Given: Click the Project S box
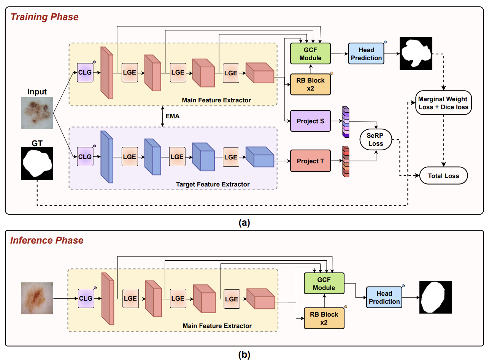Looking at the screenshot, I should coord(310,121).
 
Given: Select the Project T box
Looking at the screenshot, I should coord(310,161).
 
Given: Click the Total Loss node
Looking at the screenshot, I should coord(443,176).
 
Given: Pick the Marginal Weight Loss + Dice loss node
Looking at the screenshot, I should coord(444,103).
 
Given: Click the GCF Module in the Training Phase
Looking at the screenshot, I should coord(310,54).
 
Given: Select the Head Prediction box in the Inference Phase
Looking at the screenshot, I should coord(384,298).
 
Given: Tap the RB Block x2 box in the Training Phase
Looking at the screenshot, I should coord(310,84).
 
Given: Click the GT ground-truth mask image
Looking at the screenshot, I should coord(37,164).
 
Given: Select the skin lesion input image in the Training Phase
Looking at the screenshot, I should coord(37,112).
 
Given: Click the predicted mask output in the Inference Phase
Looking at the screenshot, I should coord(435,297).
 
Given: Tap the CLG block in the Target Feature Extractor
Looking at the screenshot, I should coord(85,157).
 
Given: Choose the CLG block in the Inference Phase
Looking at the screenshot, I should coord(86,298).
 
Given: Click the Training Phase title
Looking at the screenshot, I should coord(44,17).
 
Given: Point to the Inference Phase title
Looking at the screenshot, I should coord(47,241).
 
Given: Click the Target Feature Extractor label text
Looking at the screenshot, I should coord(213,184).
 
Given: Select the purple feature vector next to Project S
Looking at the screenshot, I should coord(346,122).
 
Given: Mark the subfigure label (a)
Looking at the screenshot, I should coord(244,223).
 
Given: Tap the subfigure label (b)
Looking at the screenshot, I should coord(244,355).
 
